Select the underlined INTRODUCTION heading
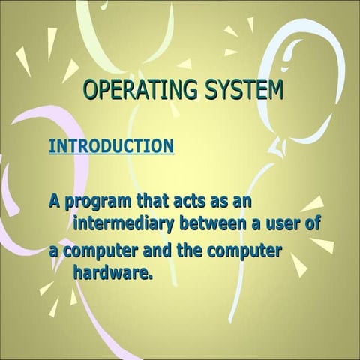pyautogui.click(x=111, y=145)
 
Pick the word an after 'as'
pyautogui.click(x=243, y=201)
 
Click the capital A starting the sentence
pyautogui.click(x=55, y=201)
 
